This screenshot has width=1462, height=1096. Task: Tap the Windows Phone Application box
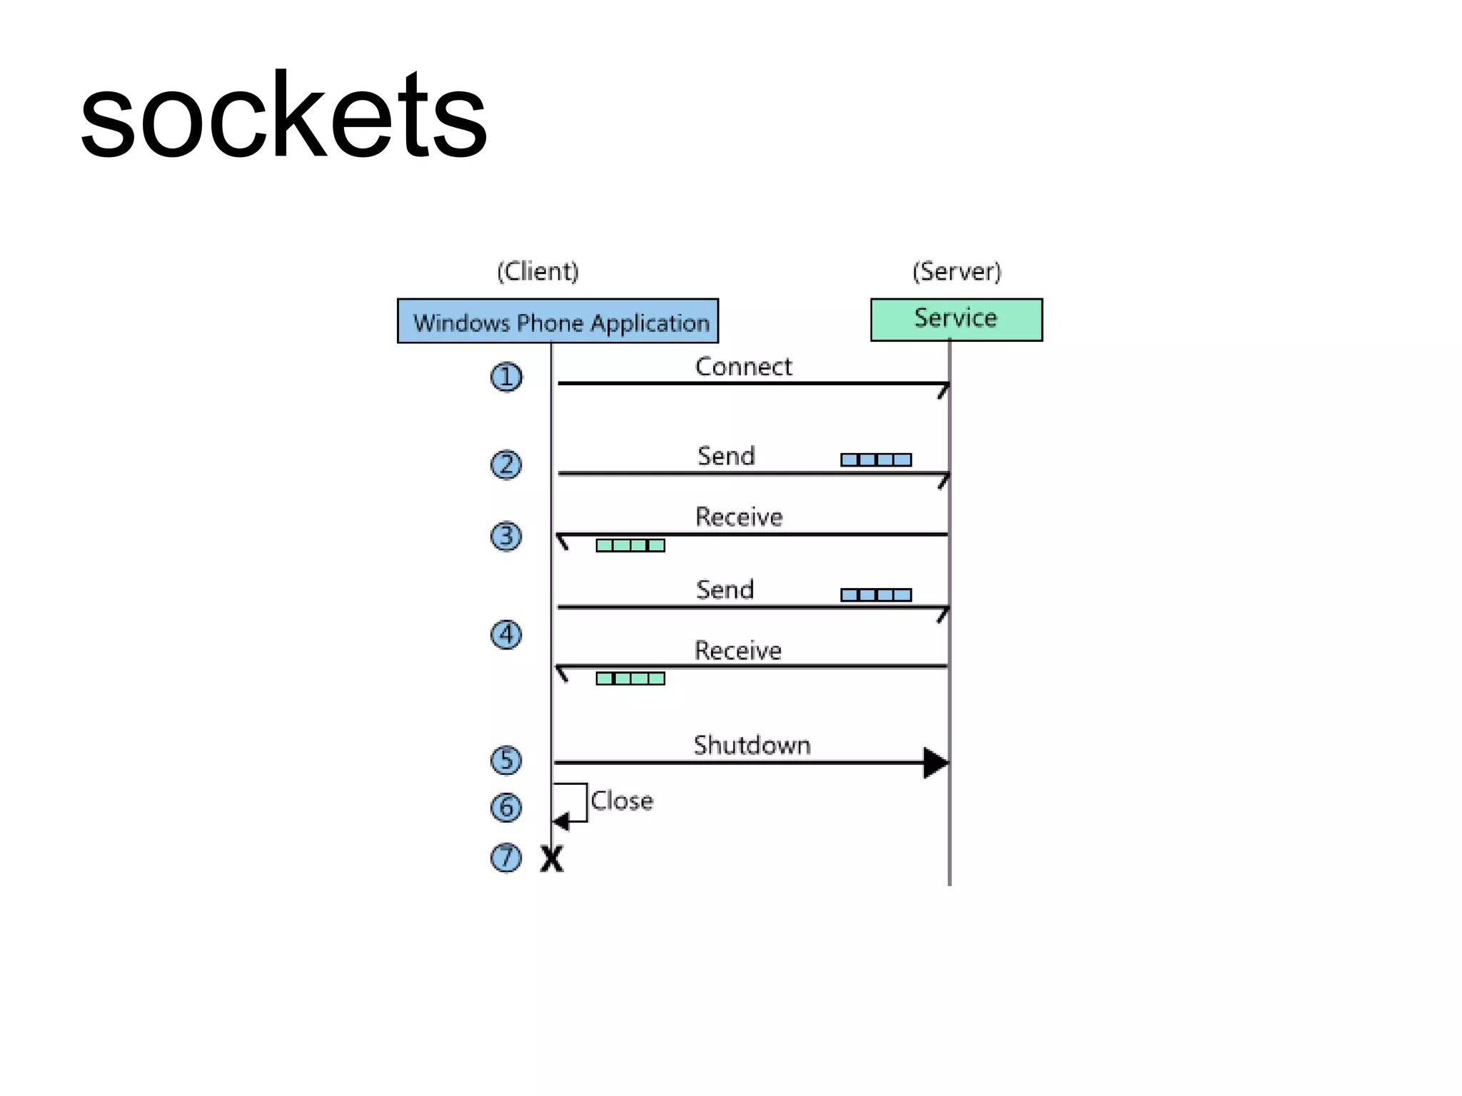(x=558, y=321)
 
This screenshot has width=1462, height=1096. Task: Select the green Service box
(x=956, y=319)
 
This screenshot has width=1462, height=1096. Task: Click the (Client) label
(x=538, y=271)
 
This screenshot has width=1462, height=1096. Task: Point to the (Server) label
(x=957, y=271)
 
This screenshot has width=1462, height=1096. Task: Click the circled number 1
(x=506, y=377)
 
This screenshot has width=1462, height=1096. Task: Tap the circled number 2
(x=506, y=465)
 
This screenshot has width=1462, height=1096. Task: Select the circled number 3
(x=506, y=536)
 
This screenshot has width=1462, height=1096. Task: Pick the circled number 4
(x=506, y=634)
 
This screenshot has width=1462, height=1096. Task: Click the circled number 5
(x=506, y=759)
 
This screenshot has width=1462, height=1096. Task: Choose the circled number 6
(x=506, y=807)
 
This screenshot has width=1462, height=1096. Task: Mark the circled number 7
(x=506, y=857)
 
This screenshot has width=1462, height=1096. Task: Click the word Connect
(x=743, y=367)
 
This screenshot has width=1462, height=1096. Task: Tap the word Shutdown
(x=752, y=745)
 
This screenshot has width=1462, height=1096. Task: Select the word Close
(x=622, y=801)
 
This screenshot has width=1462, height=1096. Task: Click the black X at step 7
(x=552, y=858)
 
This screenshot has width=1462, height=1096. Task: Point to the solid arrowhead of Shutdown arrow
(x=936, y=763)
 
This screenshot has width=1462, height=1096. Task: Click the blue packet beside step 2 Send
(x=876, y=460)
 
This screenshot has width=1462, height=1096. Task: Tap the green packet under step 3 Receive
(x=630, y=545)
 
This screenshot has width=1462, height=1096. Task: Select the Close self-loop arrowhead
(x=561, y=821)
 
